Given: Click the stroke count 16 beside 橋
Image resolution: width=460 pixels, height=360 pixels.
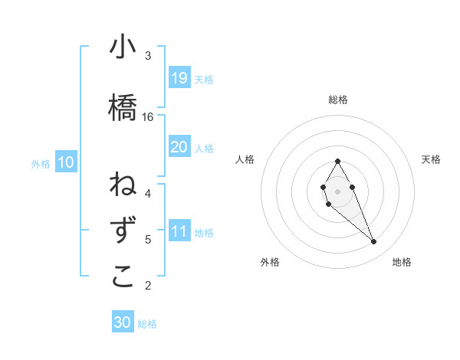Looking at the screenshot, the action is [148, 117].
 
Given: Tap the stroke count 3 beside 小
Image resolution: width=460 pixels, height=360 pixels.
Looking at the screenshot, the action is [148, 56].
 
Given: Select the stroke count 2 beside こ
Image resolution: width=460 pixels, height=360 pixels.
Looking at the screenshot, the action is [148, 286].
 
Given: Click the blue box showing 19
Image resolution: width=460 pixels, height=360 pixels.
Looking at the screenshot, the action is [179, 78].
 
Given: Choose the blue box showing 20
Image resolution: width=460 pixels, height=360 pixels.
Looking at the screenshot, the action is [179, 147].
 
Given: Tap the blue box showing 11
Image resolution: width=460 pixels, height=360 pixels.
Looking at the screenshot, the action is [179, 231].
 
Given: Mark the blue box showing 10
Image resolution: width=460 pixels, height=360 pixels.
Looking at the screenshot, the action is [66, 162].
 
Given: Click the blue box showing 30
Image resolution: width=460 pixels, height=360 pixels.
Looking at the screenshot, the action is [123, 322].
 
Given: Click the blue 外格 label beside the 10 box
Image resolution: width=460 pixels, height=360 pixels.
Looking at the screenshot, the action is [41, 163].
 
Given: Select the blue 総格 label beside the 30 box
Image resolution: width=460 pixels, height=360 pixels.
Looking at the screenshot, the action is [147, 324].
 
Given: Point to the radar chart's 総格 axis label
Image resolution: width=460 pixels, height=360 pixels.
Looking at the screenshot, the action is [337, 100].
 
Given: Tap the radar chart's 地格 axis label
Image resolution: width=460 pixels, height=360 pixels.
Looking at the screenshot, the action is [402, 262].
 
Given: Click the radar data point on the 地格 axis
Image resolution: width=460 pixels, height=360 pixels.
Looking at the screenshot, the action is [373, 242].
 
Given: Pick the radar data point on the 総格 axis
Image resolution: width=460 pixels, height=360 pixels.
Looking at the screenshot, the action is [337, 161].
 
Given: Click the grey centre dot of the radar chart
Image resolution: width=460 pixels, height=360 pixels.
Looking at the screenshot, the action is [337, 191].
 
